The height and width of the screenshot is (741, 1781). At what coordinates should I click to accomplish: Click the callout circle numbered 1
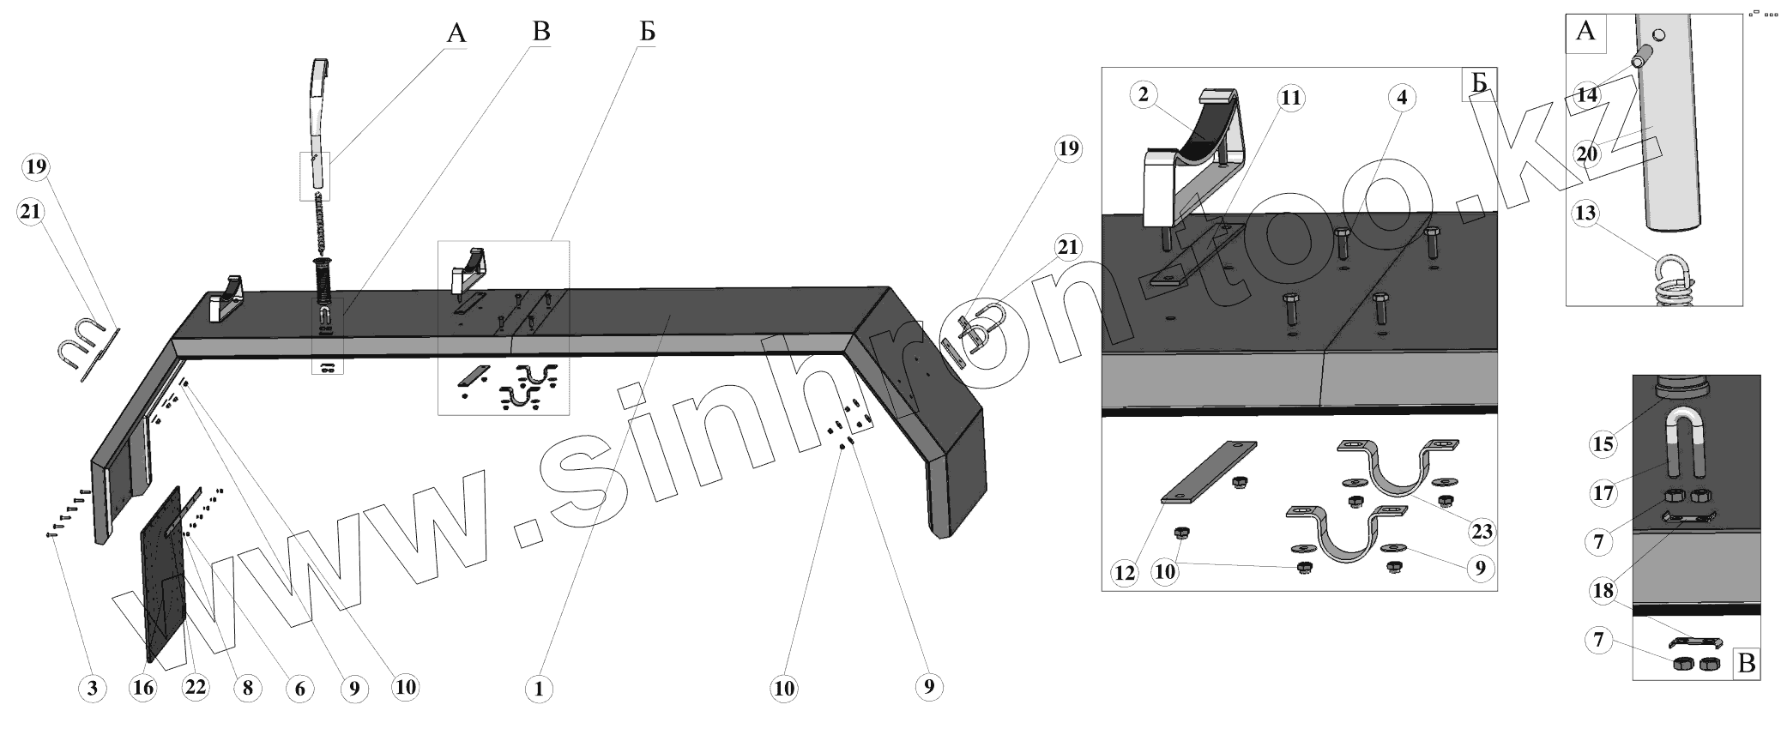click(539, 688)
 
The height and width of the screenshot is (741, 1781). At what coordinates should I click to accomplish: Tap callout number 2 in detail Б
click(1144, 94)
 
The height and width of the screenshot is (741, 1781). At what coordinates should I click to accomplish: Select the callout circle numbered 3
click(92, 688)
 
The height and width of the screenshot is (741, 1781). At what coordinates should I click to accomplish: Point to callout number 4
click(1401, 98)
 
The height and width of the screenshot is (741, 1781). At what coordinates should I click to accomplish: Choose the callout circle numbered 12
click(1125, 572)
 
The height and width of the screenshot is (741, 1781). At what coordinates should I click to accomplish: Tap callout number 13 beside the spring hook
click(1586, 212)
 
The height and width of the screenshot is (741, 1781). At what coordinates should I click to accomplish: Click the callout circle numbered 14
click(1587, 95)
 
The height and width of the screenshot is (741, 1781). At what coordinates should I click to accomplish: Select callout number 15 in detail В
click(1603, 444)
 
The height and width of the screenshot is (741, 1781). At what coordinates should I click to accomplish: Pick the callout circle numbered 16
click(143, 688)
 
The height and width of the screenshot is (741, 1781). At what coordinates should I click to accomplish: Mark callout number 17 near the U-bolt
click(1603, 493)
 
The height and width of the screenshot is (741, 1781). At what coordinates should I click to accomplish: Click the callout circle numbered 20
click(1587, 154)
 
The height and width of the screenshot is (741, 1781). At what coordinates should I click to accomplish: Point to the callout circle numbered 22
click(196, 688)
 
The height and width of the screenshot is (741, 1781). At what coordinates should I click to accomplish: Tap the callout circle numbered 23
click(1482, 532)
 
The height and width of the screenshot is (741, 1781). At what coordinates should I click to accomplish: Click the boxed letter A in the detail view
click(1585, 32)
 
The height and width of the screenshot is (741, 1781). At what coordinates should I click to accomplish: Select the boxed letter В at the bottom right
click(1746, 665)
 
